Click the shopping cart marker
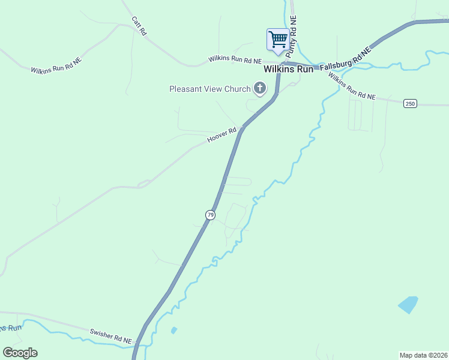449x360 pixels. (x=278, y=40)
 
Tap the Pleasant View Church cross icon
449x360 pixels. (x=261, y=89)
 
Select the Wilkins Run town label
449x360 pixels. (x=289, y=70)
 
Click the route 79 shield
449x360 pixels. (x=210, y=214)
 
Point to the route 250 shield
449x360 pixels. (x=410, y=103)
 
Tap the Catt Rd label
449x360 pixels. (x=139, y=26)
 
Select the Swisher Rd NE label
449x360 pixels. (x=110, y=336)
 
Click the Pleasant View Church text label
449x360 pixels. (x=209, y=89)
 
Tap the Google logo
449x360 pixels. (x=20, y=353)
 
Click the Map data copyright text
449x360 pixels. (x=423, y=355)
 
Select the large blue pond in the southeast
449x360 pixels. (x=408, y=304)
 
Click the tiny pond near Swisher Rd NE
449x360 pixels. (x=174, y=330)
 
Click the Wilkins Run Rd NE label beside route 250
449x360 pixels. (x=352, y=87)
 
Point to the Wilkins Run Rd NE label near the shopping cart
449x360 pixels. (x=235, y=60)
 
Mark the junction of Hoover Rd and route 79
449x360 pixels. (x=242, y=128)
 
